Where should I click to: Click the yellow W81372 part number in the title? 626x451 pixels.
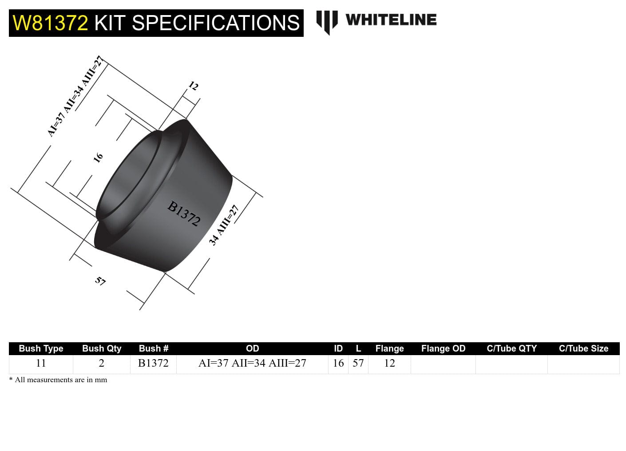click(50, 23)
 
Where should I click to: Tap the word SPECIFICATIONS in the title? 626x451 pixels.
click(216, 23)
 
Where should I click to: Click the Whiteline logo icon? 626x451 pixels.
click(327, 22)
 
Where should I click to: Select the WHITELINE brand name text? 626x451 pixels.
click(391, 20)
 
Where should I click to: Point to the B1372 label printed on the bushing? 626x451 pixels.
click(184, 214)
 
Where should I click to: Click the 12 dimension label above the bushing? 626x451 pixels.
click(194, 86)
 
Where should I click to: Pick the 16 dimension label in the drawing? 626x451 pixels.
click(98, 157)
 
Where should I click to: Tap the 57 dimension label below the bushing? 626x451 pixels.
click(100, 281)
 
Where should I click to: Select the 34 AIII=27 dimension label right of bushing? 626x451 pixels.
click(224, 225)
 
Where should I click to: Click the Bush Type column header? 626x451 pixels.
click(41, 348)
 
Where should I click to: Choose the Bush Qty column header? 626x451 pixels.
click(101, 348)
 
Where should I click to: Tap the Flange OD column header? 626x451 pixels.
click(443, 348)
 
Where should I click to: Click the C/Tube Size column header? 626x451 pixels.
click(583, 348)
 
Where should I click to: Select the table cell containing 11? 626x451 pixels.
click(41, 363)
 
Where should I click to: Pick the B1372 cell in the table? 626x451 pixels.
click(153, 363)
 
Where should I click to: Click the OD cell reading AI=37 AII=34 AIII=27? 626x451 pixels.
click(252, 363)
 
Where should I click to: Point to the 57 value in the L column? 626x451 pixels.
click(358, 363)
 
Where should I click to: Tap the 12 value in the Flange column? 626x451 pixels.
click(389, 363)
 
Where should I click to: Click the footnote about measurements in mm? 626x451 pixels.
click(58, 380)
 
